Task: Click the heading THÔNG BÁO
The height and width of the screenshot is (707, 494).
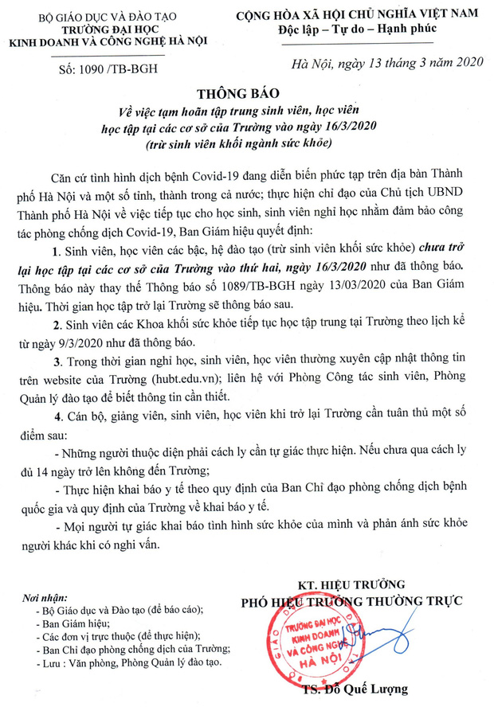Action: (246, 92)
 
